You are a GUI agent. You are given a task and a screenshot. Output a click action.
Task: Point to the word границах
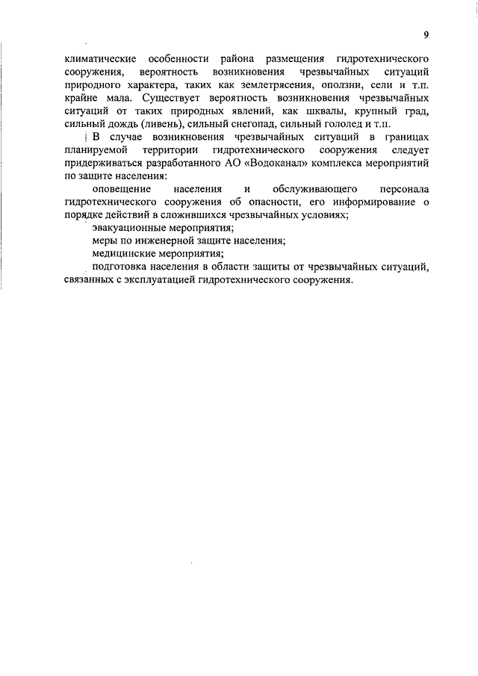click(x=403, y=138)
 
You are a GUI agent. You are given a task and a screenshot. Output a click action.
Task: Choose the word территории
click(x=173, y=152)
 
